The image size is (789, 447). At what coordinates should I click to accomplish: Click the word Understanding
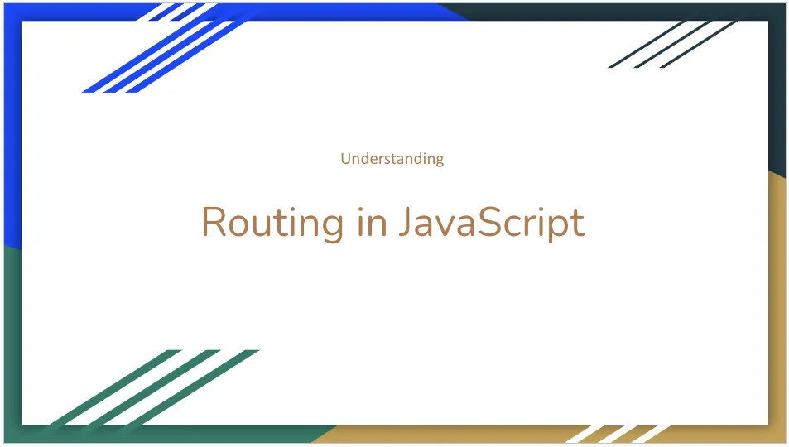pos(392,158)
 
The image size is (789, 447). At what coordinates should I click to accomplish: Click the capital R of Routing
pos(214,221)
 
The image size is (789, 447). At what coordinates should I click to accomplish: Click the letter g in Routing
pos(330,225)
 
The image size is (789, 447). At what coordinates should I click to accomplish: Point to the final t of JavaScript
pos(577,222)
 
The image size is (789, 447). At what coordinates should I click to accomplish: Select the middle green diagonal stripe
pos(149,388)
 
